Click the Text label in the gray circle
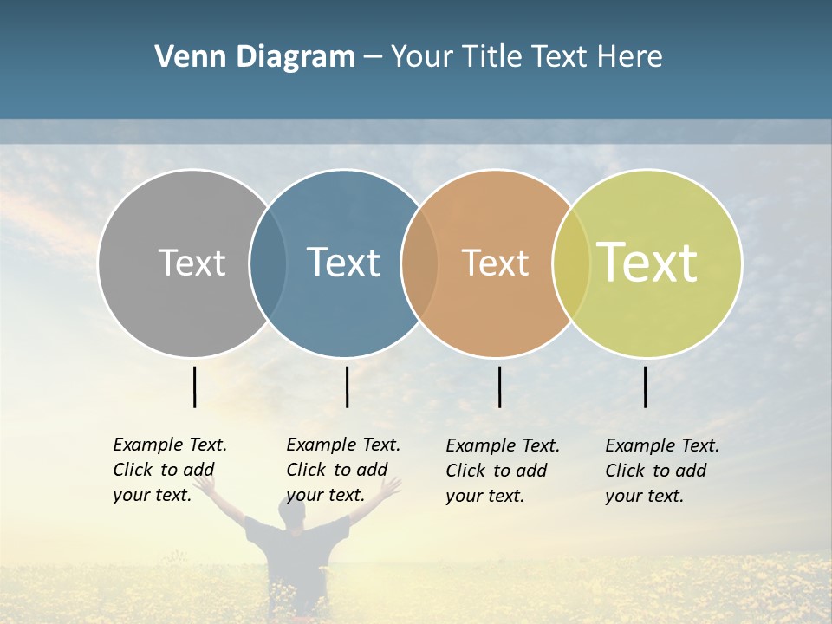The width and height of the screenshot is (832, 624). [x=192, y=263]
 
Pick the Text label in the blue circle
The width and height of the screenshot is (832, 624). [x=343, y=263]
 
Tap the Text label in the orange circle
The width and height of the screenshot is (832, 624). [x=495, y=263]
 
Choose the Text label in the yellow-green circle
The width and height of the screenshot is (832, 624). [x=647, y=263]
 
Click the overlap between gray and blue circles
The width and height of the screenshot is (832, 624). [x=268, y=263]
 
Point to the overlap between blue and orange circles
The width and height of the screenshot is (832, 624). [x=419, y=263]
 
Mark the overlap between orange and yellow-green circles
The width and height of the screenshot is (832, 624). [x=571, y=263]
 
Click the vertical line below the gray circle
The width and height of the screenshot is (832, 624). [x=195, y=387]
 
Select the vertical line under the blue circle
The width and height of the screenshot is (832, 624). [x=347, y=387]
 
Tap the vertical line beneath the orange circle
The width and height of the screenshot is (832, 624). [x=500, y=387]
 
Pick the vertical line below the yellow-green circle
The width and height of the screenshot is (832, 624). [x=646, y=387]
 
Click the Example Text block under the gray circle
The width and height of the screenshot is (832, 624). [x=170, y=470]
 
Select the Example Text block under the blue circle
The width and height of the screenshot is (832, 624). [x=343, y=470]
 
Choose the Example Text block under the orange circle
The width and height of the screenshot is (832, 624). [x=503, y=471]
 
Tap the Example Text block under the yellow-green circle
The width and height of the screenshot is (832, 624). [x=662, y=471]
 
